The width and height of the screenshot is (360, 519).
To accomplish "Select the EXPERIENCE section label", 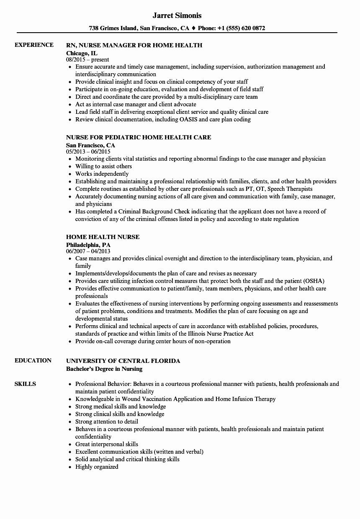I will click(34, 45).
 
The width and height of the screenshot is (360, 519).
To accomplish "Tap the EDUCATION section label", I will click(33, 360).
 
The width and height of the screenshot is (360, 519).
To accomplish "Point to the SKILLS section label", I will click(25, 384).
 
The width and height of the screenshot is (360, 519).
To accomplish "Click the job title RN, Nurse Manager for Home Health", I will click(134, 45).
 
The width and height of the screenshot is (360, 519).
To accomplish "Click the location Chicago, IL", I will click(82, 53).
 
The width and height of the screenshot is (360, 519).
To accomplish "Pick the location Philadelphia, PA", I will click(88, 244).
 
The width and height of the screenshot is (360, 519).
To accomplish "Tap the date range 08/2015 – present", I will click(87, 60).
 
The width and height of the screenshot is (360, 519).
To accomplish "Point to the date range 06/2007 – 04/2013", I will click(88, 252).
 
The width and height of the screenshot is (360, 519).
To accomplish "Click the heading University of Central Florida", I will click(123, 361).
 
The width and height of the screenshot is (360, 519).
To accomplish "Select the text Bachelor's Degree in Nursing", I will click(104, 369).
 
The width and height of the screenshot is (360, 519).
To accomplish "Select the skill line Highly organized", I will click(97, 467).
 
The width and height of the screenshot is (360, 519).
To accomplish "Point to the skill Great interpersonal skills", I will click(106, 444).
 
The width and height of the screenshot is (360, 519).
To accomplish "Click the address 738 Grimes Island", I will click(113, 28).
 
